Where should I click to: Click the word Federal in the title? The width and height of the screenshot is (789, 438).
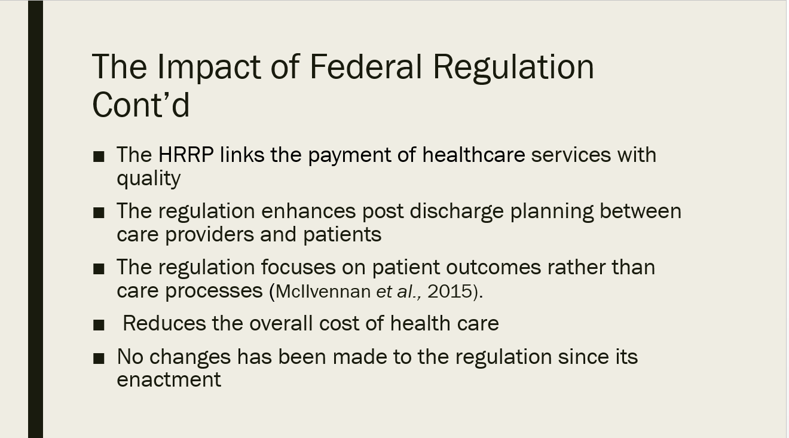[x=365, y=66]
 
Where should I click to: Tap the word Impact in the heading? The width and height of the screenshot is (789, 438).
[x=209, y=68]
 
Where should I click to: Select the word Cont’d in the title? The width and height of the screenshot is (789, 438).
[x=141, y=105]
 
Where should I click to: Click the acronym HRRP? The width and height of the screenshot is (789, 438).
[x=186, y=155]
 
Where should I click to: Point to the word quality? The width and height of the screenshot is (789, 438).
[x=149, y=179]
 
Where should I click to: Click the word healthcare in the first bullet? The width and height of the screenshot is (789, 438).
[x=474, y=155]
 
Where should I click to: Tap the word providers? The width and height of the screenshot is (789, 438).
[x=210, y=235]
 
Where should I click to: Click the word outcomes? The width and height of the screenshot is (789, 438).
[x=493, y=267]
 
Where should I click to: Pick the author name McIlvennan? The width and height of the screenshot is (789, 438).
[x=323, y=292]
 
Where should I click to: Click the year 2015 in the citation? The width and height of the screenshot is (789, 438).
[x=450, y=292]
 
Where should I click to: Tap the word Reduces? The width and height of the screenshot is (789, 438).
[x=164, y=323]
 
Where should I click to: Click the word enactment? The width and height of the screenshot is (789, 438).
[x=169, y=379]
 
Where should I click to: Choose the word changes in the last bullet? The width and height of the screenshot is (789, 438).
[x=190, y=357]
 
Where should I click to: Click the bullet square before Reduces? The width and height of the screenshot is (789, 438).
[x=99, y=324]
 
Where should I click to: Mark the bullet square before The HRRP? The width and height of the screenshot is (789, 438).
[x=99, y=157]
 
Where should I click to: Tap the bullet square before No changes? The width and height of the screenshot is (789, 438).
[x=99, y=359]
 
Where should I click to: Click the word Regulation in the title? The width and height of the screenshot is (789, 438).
[x=513, y=68]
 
